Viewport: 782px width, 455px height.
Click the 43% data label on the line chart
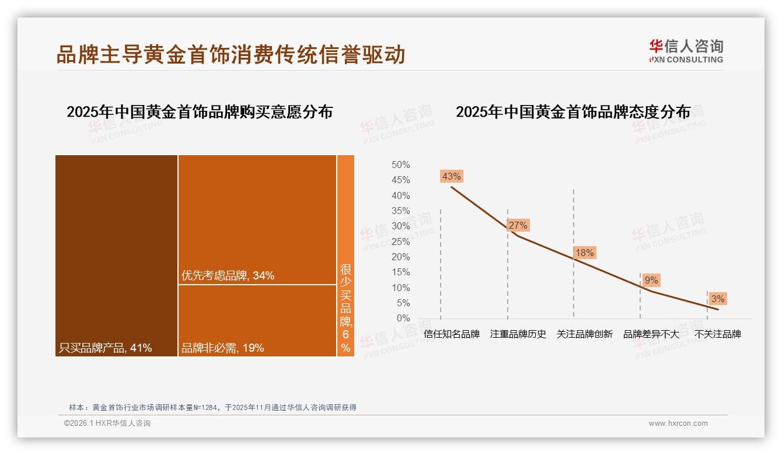tap(452, 176)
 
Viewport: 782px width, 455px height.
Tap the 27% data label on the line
tap(518, 225)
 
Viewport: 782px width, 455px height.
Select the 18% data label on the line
tap(584, 253)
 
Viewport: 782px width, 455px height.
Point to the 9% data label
tap(651, 281)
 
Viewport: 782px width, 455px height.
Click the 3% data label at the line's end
tap(718, 299)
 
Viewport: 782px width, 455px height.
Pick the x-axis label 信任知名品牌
tap(452, 334)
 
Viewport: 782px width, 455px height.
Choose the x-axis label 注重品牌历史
tap(518, 334)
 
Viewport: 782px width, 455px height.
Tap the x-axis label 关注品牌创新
tap(585, 334)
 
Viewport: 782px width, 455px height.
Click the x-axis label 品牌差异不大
tap(651, 334)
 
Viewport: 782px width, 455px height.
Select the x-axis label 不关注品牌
tap(718, 334)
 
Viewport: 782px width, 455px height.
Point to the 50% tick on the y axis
tap(400, 165)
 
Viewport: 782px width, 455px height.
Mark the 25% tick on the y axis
tap(400, 242)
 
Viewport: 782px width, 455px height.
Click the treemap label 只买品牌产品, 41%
tap(106, 348)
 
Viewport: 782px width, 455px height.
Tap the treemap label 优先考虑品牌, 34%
tap(228, 275)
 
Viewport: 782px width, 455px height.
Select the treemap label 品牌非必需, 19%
tap(223, 348)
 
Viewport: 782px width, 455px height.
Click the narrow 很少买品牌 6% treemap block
tap(345, 256)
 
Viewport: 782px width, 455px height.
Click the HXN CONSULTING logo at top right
tap(686, 51)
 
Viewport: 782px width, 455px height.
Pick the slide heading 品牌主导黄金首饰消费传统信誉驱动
tap(231, 54)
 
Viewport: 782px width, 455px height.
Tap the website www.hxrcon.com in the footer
tap(678, 423)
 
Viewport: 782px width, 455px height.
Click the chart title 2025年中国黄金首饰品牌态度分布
tap(572, 111)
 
